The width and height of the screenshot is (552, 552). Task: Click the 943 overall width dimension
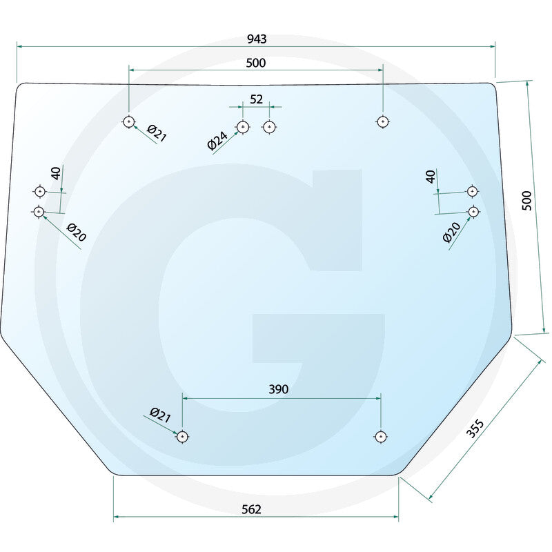coord(257,39)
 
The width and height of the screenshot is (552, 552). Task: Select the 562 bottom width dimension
coord(251,509)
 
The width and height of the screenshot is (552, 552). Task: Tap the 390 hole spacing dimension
coord(279,389)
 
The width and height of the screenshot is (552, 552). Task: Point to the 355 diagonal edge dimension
coord(475,428)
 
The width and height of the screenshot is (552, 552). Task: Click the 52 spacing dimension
coord(256,99)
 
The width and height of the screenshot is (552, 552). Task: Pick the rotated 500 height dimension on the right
coord(526,200)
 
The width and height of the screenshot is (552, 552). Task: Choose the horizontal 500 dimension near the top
coord(255,63)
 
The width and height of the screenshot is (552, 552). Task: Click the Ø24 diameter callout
coord(217,141)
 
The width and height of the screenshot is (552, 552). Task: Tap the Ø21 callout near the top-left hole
coord(157,133)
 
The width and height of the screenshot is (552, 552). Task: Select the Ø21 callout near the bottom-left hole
coord(160,415)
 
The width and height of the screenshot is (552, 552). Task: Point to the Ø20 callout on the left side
coord(77,233)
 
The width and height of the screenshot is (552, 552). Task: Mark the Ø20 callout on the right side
coord(451,233)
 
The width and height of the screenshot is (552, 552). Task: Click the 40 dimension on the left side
coord(56,173)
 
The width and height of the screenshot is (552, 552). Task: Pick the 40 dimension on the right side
coord(431,177)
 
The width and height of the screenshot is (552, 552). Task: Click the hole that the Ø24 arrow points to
coord(243,127)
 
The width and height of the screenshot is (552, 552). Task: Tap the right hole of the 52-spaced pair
coord(269,127)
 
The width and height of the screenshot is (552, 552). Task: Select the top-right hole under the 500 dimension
coord(383,122)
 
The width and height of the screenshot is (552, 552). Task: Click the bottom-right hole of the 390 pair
coord(380,437)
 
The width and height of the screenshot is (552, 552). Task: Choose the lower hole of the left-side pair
coord(39,212)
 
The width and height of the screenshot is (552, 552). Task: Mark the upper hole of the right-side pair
coord(472,191)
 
